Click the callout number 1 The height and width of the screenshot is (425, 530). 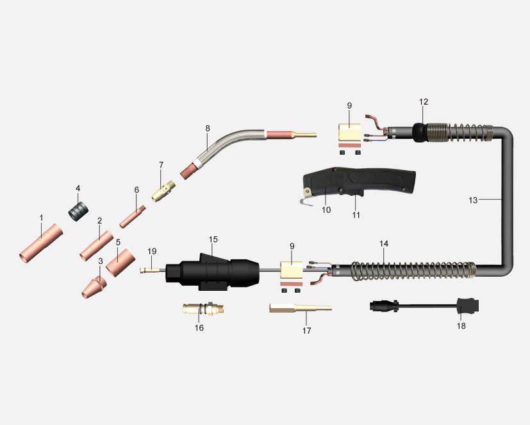click(x=41, y=218)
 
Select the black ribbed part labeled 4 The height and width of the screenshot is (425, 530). click(x=78, y=212)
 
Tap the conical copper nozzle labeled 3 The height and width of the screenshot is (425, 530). click(x=94, y=287)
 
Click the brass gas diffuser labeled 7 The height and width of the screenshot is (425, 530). click(x=163, y=191)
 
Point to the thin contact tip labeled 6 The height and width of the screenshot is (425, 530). click(x=133, y=216)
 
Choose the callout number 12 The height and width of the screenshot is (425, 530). click(x=424, y=101)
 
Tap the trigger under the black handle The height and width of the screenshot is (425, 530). click(x=354, y=193)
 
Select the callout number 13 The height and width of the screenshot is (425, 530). click(x=473, y=200)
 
